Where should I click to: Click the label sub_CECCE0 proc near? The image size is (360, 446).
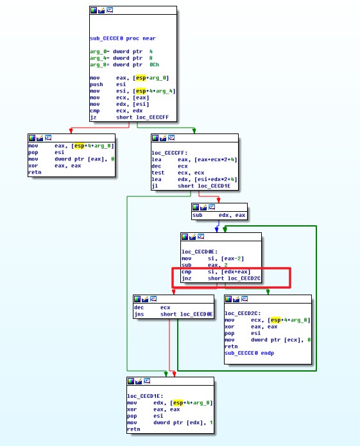click(x=123, y=39)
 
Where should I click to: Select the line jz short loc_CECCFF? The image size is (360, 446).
click(x=130, y=117)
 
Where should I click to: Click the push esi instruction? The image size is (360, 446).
click(x=108, y=84)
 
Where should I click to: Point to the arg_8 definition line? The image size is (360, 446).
click(x=124, y=65)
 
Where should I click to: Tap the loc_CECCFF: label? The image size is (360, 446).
click(x=169, y=153)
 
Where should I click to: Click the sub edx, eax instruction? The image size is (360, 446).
click(x=219, y=215)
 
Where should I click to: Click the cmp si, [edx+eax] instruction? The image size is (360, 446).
click(x=216, y=271)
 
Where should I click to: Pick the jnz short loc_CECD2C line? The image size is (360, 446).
click(x=221, y=278)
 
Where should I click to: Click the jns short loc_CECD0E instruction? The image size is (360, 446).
click(x=173, y=314)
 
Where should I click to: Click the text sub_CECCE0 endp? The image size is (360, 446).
click(x=249, y=353)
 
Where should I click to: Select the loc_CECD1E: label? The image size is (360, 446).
click(x=145, y=396)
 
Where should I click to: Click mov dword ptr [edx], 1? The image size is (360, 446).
click(x=170, y=422)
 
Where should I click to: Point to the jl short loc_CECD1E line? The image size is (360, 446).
click(x=191, y=185)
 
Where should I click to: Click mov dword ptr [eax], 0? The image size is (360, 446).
click(x=71, y=159)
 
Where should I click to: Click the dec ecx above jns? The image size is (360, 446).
click(x=152, y=307)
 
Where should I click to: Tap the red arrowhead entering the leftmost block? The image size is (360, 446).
click(x=71, y=131)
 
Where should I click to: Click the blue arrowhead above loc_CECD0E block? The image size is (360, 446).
click(x=217, y=230)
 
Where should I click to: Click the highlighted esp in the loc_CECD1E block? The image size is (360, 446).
click(x=178, y=403)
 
